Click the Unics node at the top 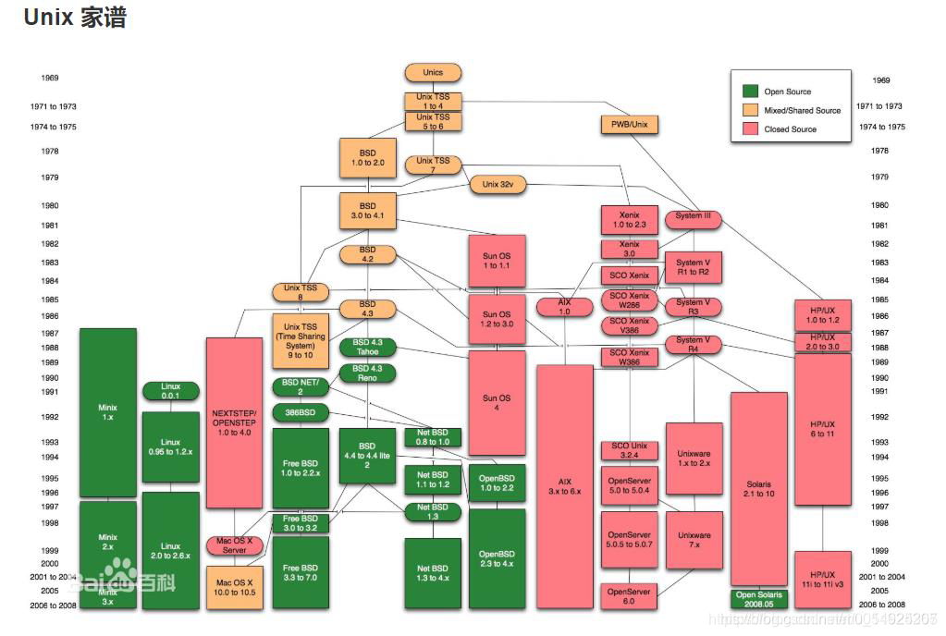coord(433,72)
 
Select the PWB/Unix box coord(630,124)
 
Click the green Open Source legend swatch coord(751,92)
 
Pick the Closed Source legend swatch coord(751,128)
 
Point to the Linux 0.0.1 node coord(170,390)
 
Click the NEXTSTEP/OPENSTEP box coord(234,422)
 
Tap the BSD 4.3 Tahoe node coord(368,348)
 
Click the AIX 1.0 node coord(565,307)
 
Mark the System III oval coord(694,217)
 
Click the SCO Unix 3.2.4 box coord(630,451)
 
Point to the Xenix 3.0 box coord(630,250)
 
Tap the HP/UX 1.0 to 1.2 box coord(822,315)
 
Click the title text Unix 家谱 coord(74,18)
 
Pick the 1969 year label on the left coord(50,79)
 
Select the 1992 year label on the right coord(879,418)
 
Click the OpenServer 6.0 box coord(630,596)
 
